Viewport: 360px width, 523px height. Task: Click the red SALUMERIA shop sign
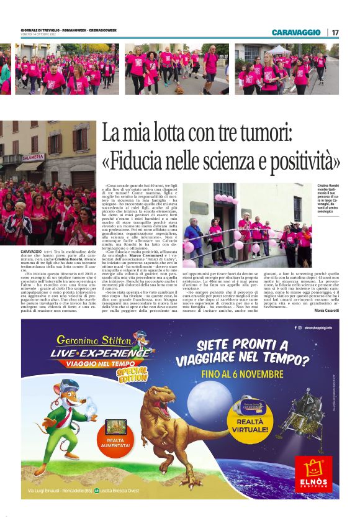coord(32,158)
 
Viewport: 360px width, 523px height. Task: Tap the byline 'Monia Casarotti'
coord(326,309)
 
